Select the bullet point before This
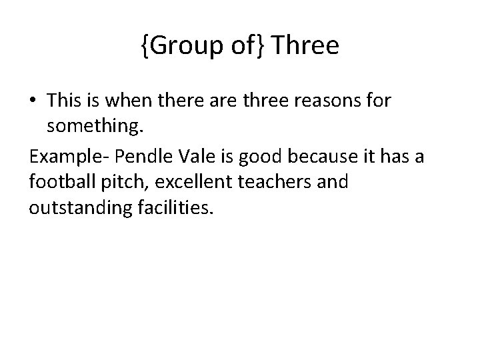pyautogui.click(x=34, y=101)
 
